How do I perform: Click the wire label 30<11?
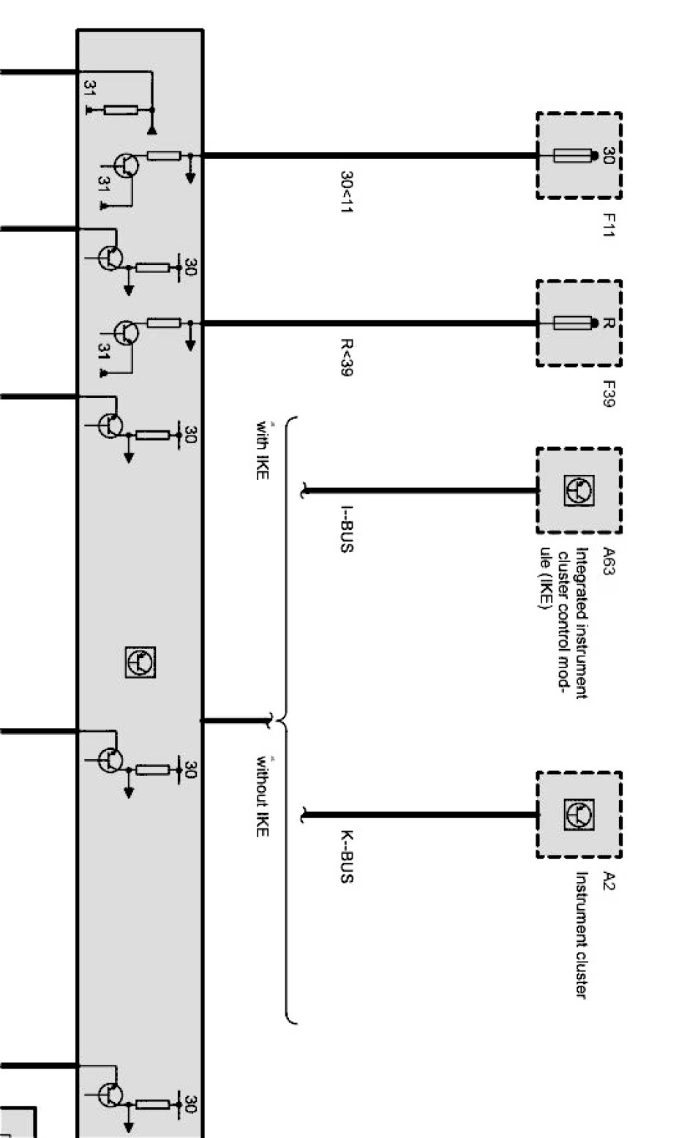(x=347, y=192)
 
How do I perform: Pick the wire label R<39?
(x=347, y=357)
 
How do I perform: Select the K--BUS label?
(x=347, y=856)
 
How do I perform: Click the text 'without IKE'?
(x=262, y=797)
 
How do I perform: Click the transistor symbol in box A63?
(x=579, y=490)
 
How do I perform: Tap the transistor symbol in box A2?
(x=579, y=815)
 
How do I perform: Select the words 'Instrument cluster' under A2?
(x=582, y=935)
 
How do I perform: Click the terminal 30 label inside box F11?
(x=607, y=155)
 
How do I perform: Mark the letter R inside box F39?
(x=607, y=323)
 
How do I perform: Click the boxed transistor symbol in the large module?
(x=140, y=662)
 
